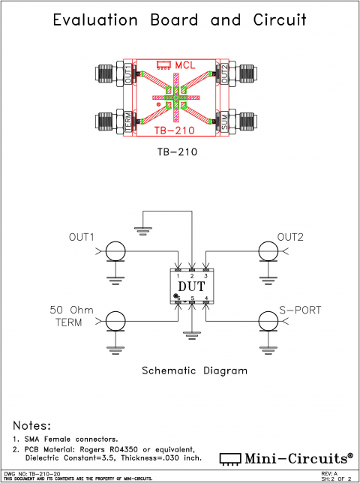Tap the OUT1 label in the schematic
(81, 238)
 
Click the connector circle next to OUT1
(115, 251)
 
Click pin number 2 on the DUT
(192, 276)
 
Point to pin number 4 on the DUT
(206, 298)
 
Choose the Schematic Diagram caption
(193, 370)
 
